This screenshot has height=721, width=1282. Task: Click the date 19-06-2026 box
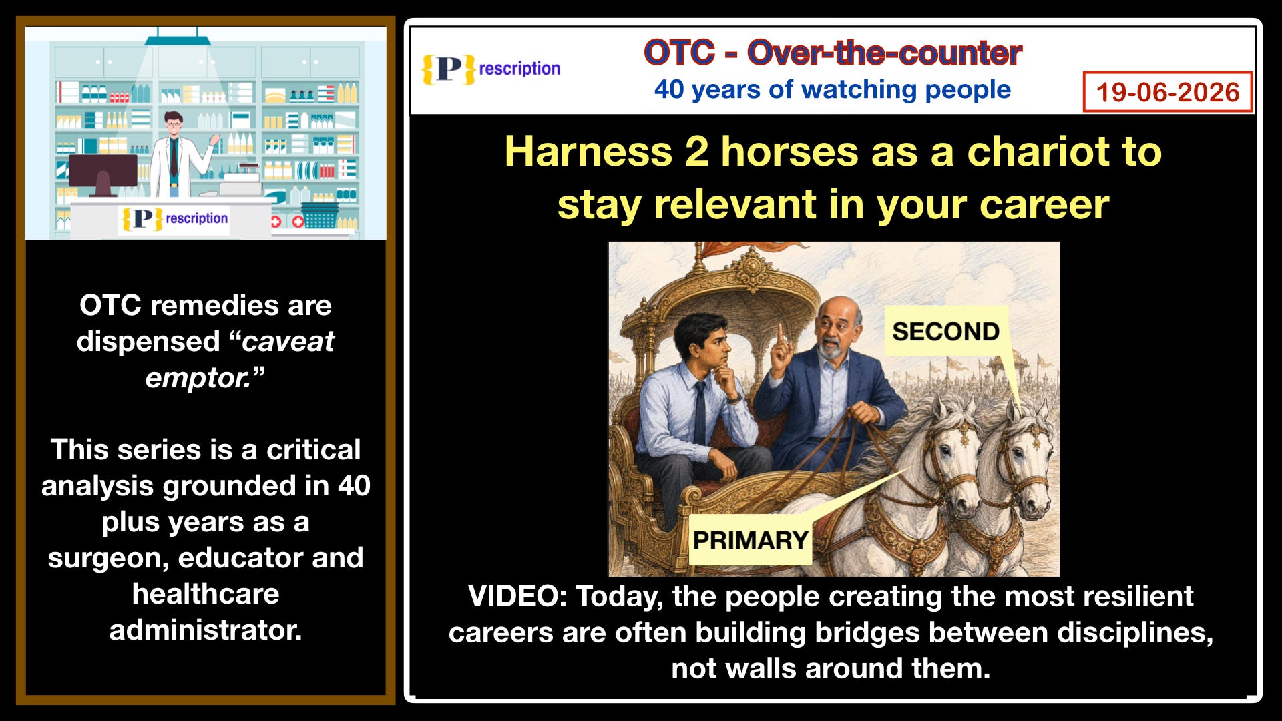pyautogui.click(x=1167, y=92)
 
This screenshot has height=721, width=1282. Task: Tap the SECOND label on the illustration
pyautogui.click(x=945, y=331)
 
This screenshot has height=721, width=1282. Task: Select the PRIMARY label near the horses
pyautogui.click(x=751, y=539)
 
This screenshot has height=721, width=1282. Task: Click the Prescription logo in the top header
pyautogui.click(x=491, y=69)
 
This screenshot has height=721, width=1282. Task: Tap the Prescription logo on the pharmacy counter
pyautogui.click(x=174, y=218)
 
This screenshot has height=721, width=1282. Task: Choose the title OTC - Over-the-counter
pyautogui.click(x=833, y=53)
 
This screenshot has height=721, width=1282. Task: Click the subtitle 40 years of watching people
pyautogui.click(x=832, y=89)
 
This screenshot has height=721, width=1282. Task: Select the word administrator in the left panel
pyautogui.click(x=206, y=630)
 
